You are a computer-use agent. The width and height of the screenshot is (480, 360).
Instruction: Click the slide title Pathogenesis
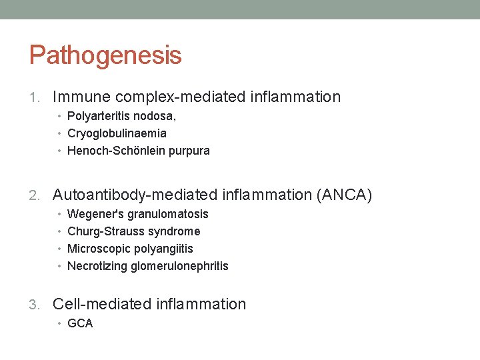tap(105, 55)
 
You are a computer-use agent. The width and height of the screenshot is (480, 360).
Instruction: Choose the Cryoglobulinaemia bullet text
tap(117, 133)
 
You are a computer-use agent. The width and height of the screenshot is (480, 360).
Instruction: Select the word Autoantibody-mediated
tap(135, 195)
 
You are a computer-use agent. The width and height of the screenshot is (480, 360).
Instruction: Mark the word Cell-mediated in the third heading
tap(102, 305)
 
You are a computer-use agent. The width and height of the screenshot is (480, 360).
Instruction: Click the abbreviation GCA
tap(80, 323)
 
